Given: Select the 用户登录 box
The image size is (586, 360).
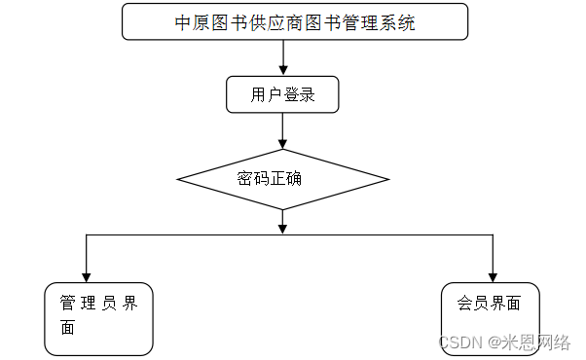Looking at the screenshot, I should point(281,95).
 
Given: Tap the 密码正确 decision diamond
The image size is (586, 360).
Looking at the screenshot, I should point(282,179).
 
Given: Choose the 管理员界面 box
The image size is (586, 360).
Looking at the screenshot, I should point(99,318).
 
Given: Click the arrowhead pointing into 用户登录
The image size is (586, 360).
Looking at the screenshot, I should point(282,71).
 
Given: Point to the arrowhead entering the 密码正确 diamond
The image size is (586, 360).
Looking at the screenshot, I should point(282,143).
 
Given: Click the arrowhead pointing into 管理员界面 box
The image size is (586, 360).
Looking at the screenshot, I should point(87,275).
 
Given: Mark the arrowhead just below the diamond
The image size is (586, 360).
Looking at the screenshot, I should point(282,228).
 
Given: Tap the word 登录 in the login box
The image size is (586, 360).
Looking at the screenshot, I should point(296,95).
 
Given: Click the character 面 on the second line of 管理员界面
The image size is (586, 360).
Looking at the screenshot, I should point(67,327).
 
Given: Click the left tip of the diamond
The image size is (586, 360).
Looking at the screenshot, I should point(178,179).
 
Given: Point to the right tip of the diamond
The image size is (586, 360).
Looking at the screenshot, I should point(388,179).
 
